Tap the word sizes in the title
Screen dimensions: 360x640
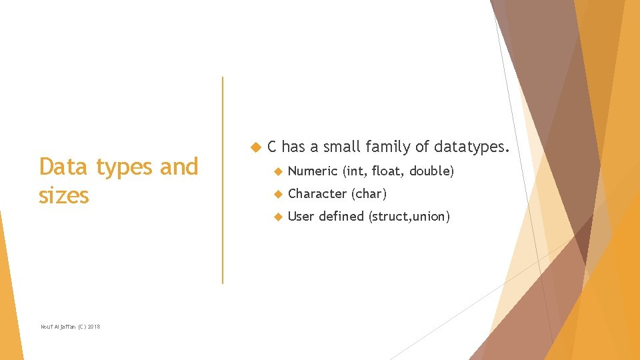64,195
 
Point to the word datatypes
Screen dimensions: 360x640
471,147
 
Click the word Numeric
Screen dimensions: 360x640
312,171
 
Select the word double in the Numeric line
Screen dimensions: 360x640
431,171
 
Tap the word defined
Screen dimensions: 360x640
342,216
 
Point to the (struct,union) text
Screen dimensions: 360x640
409,216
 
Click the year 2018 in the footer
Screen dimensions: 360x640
94,326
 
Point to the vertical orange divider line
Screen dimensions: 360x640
223,180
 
